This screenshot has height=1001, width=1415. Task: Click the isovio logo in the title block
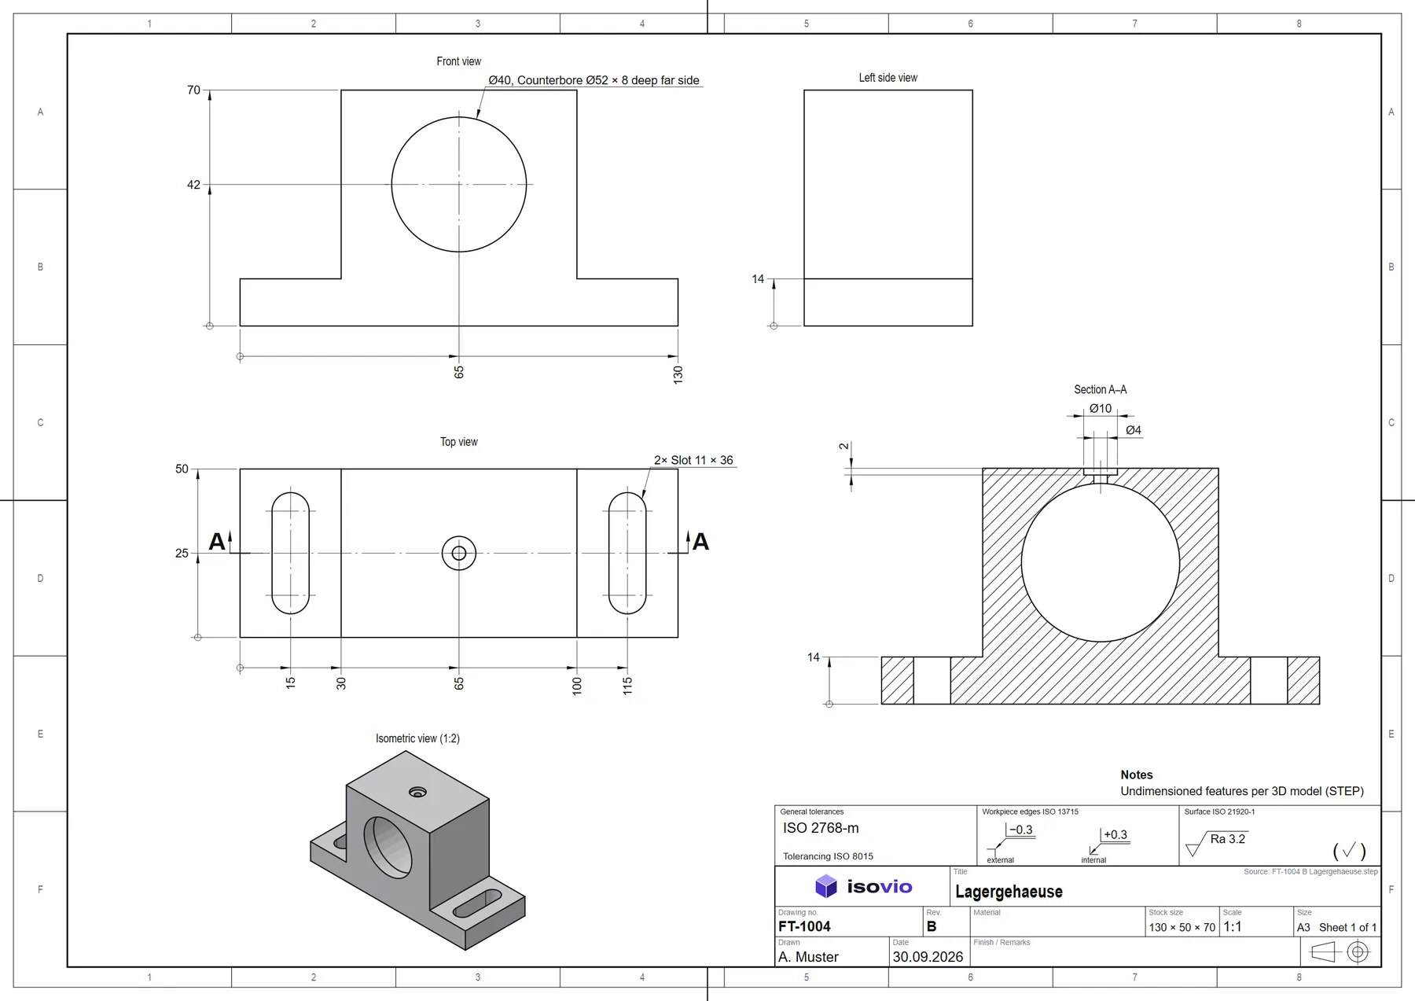(x=863, y=886)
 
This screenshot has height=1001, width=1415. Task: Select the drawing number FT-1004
(x=804, y=926)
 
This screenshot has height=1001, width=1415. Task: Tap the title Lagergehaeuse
(x=1009, y=892)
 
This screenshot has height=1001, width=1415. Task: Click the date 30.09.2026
(x=928, y=957)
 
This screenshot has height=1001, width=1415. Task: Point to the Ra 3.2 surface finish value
(x=1228, y=839)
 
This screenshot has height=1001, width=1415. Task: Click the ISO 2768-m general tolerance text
(x=821, y=828)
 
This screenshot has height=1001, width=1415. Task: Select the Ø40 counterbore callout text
(x=594, y=80)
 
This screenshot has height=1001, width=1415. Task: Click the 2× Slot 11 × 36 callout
(x=693, y=460)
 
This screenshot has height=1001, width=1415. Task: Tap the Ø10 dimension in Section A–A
(x=1101, y=408)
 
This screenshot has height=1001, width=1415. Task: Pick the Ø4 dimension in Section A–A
(x=1134, y=430)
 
